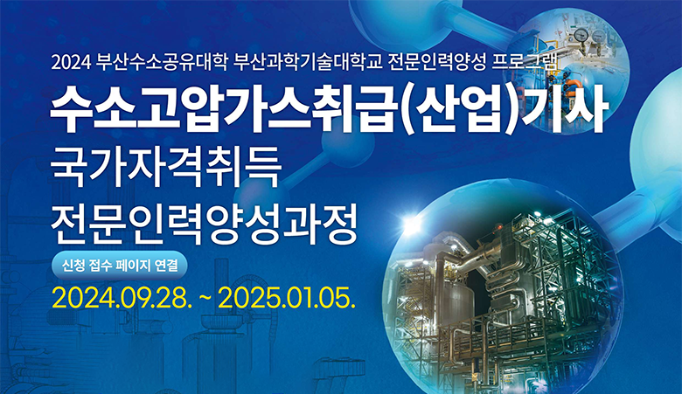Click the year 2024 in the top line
click(72, 63)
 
